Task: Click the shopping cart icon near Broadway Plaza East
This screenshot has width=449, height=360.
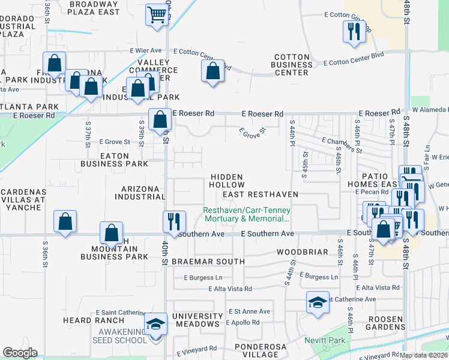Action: pos(156,14)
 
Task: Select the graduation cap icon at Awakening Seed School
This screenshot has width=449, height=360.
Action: pos(157,325)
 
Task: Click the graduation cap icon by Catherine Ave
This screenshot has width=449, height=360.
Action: pos(318,302)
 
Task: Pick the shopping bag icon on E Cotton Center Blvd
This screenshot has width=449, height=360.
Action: pos(212,71)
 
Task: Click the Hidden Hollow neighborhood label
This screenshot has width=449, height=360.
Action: pos(227,181)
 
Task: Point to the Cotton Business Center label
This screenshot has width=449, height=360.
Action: pos(292,65)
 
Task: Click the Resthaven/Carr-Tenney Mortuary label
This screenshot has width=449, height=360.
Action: pos(246,214)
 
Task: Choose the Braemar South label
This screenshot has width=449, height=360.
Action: pos(208,262)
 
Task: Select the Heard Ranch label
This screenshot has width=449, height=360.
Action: pos(85,320)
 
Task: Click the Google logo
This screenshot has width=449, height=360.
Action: pos(20,353)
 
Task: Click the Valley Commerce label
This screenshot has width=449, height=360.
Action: pos(158,67)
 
